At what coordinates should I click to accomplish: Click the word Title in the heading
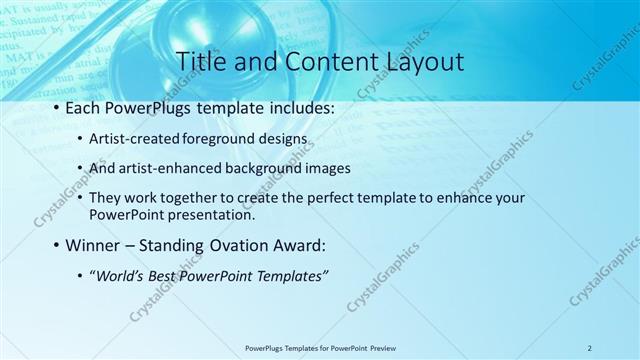(200, 61)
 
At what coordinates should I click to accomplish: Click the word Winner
(97, 245)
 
